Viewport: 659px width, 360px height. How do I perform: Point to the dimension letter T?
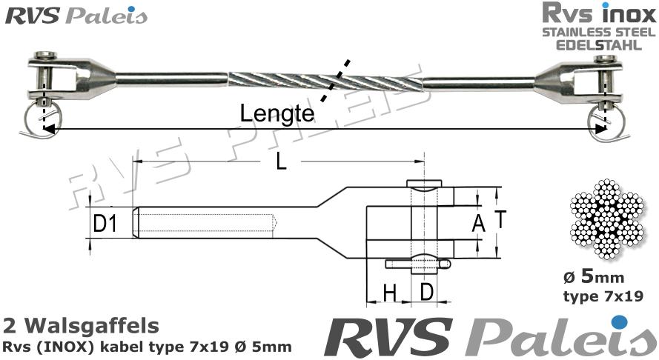[501, 220]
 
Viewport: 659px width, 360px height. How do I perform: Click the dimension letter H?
[388, 293]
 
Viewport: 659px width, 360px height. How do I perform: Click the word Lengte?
[275, 113]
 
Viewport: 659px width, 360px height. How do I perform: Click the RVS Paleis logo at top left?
[76, 16]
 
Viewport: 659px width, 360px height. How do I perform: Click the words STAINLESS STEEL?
[597, 33]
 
